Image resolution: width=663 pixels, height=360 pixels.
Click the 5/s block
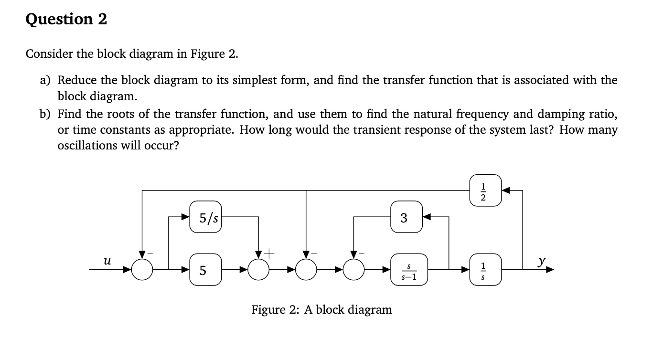pos(206,218)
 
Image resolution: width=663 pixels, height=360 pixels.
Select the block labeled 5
pos(206,271)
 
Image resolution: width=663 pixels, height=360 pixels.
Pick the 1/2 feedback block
pos(486,191)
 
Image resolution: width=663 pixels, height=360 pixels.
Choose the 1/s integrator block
pos(486,271)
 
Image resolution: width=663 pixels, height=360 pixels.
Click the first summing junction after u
pos(142,271)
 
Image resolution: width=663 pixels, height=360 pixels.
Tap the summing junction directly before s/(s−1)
pos(354,271)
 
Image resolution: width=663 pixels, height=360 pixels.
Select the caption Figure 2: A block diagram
pos(321,310)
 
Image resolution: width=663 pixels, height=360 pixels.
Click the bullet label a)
pos(45,80)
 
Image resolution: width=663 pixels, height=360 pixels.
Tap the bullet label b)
pos(45,115)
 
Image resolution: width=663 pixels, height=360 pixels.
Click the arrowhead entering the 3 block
pos(427,218)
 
